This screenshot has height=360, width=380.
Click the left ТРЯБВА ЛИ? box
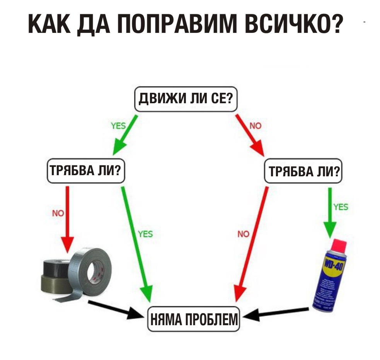click(x=85, y=171)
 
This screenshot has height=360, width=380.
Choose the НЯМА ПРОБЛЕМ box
click(x=193, y=321)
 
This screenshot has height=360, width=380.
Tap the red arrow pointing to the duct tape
click(x=67, y=217)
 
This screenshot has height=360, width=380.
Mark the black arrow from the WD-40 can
click(x=277, y=312)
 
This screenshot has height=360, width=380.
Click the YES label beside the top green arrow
click(x=118, y=126)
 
